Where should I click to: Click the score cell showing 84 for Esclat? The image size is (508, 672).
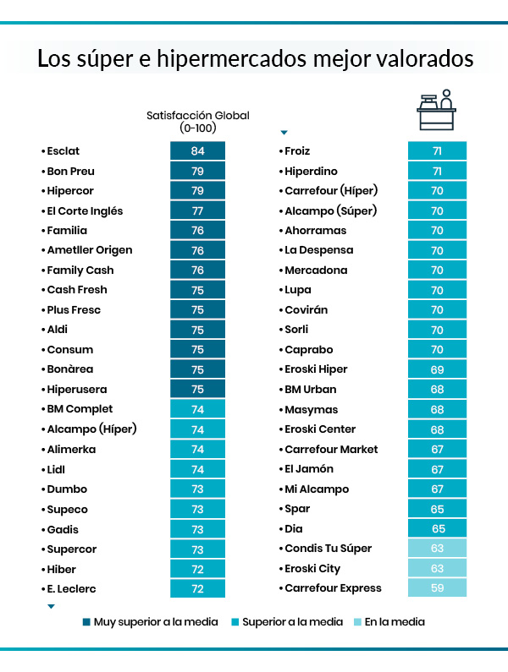tap(198, 151)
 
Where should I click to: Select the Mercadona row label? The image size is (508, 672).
tap(316, 270)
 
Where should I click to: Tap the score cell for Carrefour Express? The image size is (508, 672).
tap(437, 588)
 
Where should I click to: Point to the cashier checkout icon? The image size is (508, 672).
tap(436, 111)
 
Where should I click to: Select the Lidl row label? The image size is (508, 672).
tap(56, 469)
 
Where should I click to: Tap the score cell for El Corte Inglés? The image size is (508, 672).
tap(198, 210)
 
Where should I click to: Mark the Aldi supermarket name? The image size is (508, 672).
tap(58, 330)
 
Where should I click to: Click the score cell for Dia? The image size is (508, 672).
tap(437, 528)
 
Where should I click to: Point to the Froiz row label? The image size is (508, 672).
tap(297, 151)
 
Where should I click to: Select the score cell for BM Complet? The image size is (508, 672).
tap(198, 409)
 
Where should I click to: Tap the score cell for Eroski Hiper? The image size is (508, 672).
tap(437, 369)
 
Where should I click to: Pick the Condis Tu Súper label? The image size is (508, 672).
tap(328, 549)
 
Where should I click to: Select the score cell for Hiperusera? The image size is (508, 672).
tap(198, 390)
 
